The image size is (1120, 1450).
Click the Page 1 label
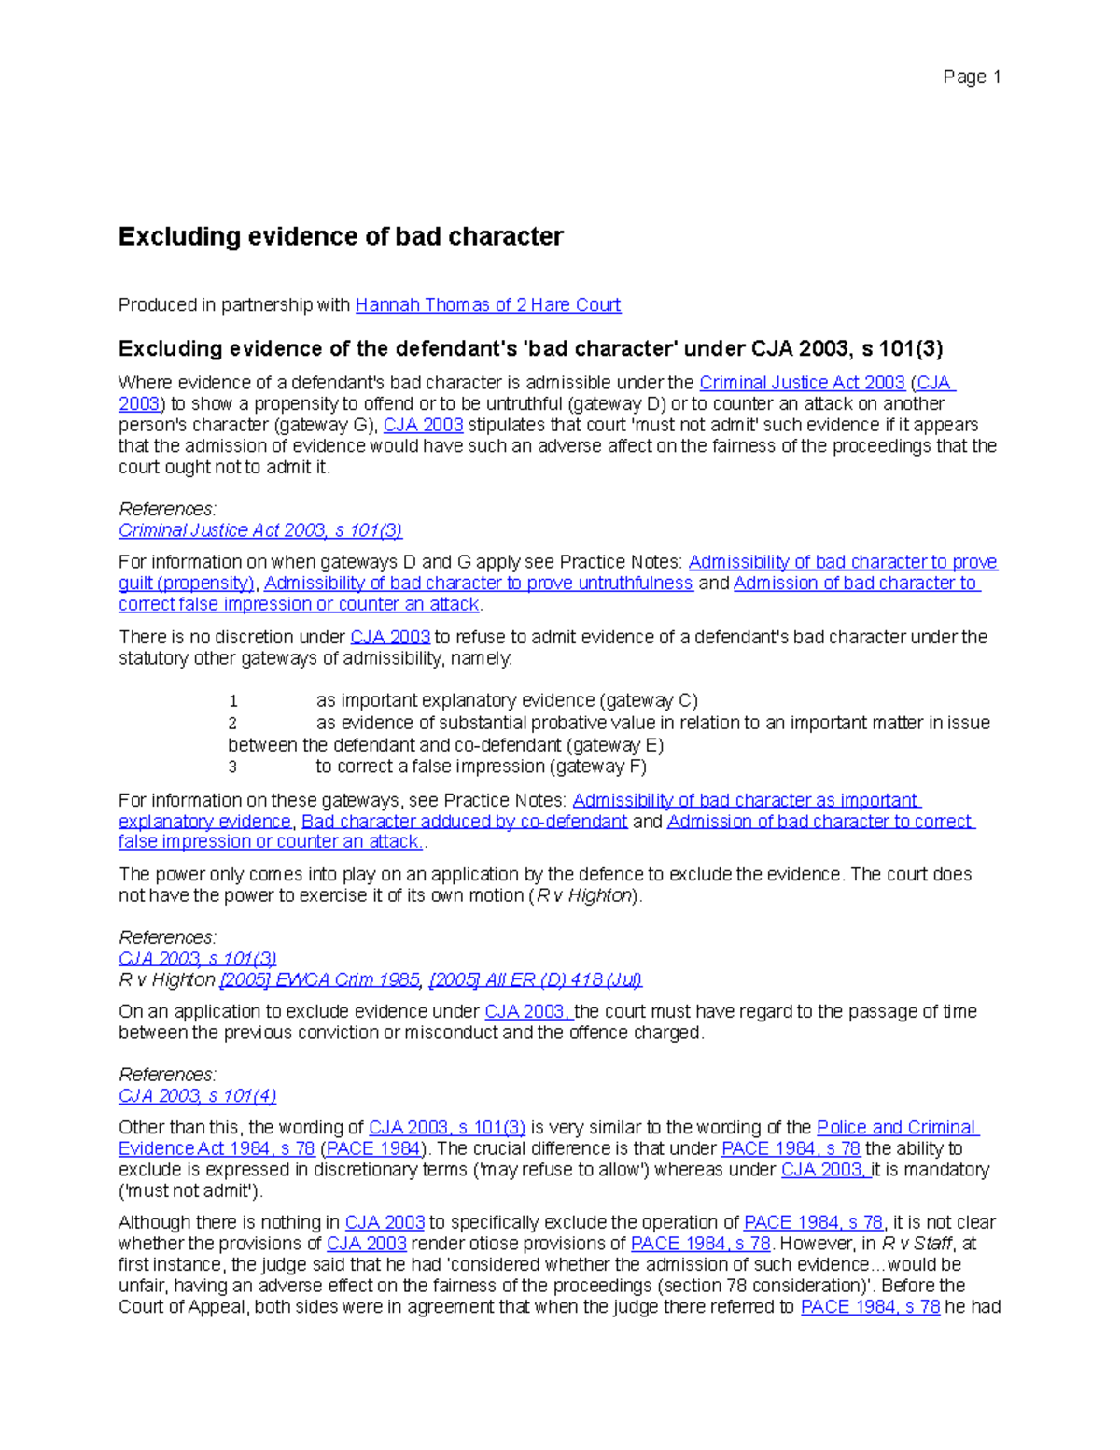point(972,77)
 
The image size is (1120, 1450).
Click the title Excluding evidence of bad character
point(340,236)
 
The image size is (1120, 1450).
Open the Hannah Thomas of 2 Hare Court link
point(487,304)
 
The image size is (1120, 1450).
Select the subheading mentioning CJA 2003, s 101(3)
point(530,348)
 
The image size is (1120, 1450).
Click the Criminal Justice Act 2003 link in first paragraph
point(802,382)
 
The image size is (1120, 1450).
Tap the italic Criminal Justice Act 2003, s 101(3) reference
point(260,530)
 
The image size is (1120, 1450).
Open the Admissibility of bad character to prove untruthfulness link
point(478,583)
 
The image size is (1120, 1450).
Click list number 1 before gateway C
point(233,701)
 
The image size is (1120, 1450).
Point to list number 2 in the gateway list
point(233,723)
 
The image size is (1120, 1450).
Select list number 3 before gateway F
point(233,767)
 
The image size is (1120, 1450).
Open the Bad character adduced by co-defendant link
point(464,821)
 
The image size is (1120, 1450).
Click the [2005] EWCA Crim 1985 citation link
point(319,979)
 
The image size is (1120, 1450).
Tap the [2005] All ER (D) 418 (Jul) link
point(536,979)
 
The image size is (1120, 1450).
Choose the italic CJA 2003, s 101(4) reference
point(198,1095)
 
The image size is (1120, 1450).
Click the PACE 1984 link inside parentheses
point(372,1148)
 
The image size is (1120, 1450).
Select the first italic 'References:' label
point(167,509)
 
